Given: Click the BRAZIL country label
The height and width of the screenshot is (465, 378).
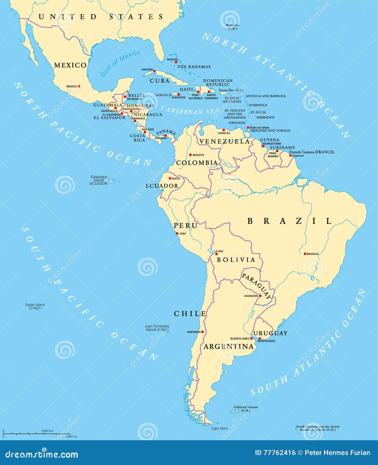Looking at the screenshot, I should (x=289, y=221).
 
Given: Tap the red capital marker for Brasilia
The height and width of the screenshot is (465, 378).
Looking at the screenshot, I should (x=305, y=254).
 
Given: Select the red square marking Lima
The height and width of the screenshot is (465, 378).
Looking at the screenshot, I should (x=177, y=233).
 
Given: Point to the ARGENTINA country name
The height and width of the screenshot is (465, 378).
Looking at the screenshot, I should (x=229, y=347).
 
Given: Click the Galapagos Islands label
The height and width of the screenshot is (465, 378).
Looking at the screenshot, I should (x=99, y=180).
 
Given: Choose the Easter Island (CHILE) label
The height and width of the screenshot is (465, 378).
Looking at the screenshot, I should (x=35, y=306).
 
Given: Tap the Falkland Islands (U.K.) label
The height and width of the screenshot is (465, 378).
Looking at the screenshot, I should (x=246, y=409).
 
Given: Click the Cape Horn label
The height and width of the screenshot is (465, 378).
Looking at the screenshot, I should (x=219, y=428).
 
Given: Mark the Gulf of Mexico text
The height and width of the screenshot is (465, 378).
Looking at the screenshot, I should (x=120, y=63).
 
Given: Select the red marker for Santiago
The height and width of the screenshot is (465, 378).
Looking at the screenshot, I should (x=202, y=332).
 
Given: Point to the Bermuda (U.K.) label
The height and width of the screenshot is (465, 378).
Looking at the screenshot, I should (x=232, y=27).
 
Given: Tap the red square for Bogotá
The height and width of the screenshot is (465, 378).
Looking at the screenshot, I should (x=190, y=155).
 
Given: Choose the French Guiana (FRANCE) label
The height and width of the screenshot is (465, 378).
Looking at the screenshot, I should (x=311, y=152).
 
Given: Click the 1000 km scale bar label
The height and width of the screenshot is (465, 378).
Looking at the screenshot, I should (x=47, y=431).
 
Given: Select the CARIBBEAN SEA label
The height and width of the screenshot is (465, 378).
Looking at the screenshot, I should (x=190, y=111).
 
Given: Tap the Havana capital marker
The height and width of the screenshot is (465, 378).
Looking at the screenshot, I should (x=154, y=71).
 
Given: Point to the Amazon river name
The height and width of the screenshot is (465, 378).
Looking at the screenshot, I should (x=270, y=192).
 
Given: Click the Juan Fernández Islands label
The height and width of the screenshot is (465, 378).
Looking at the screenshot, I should (x=157, y=328).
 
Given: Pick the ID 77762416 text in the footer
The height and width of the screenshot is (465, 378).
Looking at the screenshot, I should (x=275, y=453).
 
